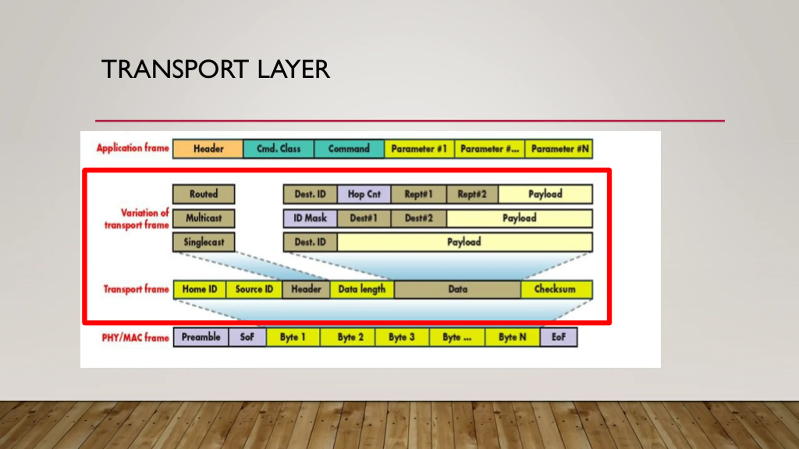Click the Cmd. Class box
tap(278, 149)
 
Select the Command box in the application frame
tap(349, 149)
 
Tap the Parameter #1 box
tap(419, 149)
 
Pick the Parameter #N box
tap(559, 149)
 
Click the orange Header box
tap(208, 149)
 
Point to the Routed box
tap(203, 194)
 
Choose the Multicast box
tap(203, 218)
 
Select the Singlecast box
tap(203, 242)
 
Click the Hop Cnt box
tap(364, 194)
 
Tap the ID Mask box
tap(310, 218)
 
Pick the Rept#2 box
tap(472, 194)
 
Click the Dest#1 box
tap(364, 218)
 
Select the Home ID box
tap(199, 289)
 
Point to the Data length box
tap(362, 289)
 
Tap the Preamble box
tap(201, 337)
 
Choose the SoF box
tap(247, 337)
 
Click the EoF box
tap(558, 337)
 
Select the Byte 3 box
tap(402, 337)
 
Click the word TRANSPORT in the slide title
tap(175, 69)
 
